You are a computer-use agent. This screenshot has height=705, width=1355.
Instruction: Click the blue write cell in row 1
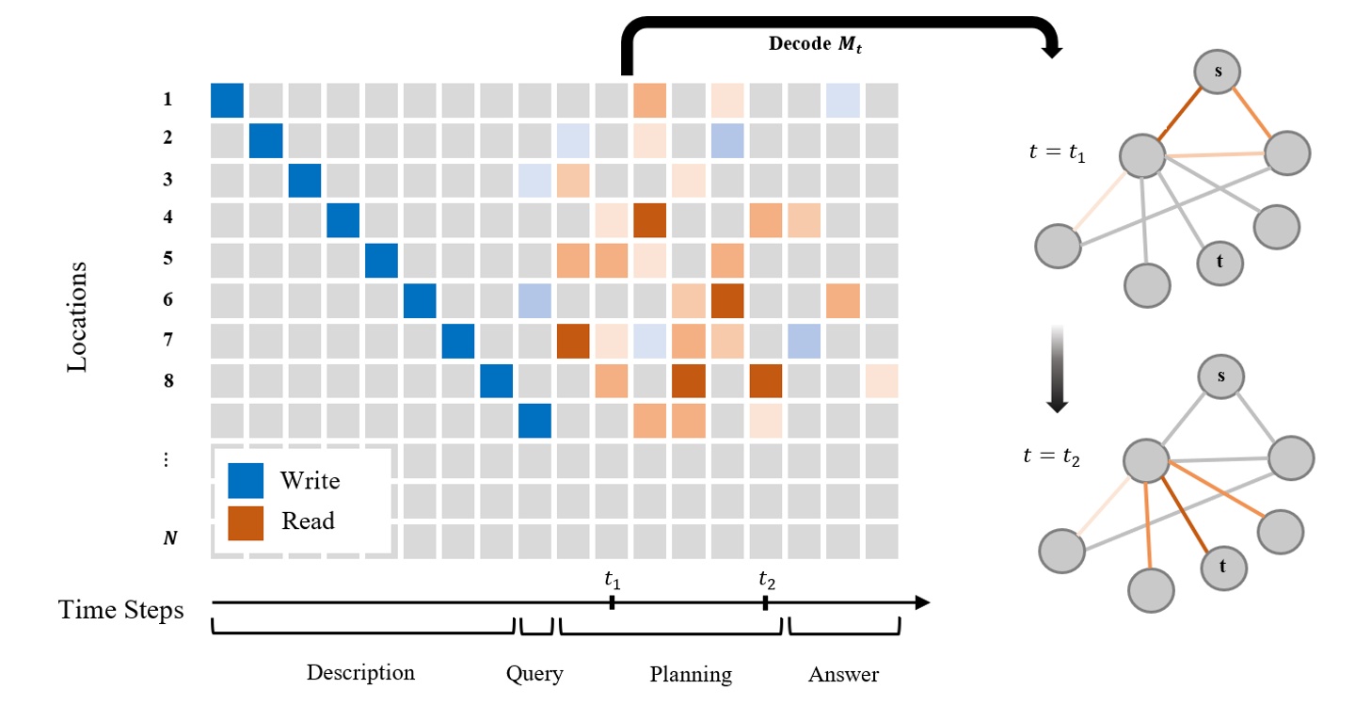pos(227,100)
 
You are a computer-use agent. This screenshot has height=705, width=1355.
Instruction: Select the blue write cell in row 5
pos(381,260)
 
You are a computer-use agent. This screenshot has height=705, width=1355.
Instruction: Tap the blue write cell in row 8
pos(497,380)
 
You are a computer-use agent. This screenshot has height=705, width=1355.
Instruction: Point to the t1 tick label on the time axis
pos(612,580)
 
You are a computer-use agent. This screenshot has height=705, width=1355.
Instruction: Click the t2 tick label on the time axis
pos(766,580)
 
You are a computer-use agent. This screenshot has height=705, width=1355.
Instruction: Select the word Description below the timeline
pos(360,673)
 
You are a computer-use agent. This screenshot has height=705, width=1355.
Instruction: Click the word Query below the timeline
pos(534,673)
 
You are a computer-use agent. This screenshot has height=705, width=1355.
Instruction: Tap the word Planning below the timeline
pos(691,674)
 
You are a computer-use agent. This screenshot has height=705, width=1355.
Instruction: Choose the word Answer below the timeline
pos(843,674)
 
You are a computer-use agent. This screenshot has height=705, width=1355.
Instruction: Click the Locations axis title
pos(77,316)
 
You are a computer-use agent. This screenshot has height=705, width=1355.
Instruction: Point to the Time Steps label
pos(121,610)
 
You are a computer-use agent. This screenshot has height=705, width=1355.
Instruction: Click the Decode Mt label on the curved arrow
pos(815,44)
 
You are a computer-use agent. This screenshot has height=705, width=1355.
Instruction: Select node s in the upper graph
pos(1219,72)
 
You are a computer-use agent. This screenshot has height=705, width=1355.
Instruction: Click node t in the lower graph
pos(1223,567)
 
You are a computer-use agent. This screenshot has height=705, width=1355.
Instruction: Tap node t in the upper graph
pos(1220,261)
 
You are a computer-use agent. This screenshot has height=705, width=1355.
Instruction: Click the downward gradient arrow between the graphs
pos(1057,369)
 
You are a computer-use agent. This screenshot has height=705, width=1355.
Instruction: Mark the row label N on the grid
pos(170,539)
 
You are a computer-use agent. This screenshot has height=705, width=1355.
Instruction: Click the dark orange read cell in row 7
pos(573,340)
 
